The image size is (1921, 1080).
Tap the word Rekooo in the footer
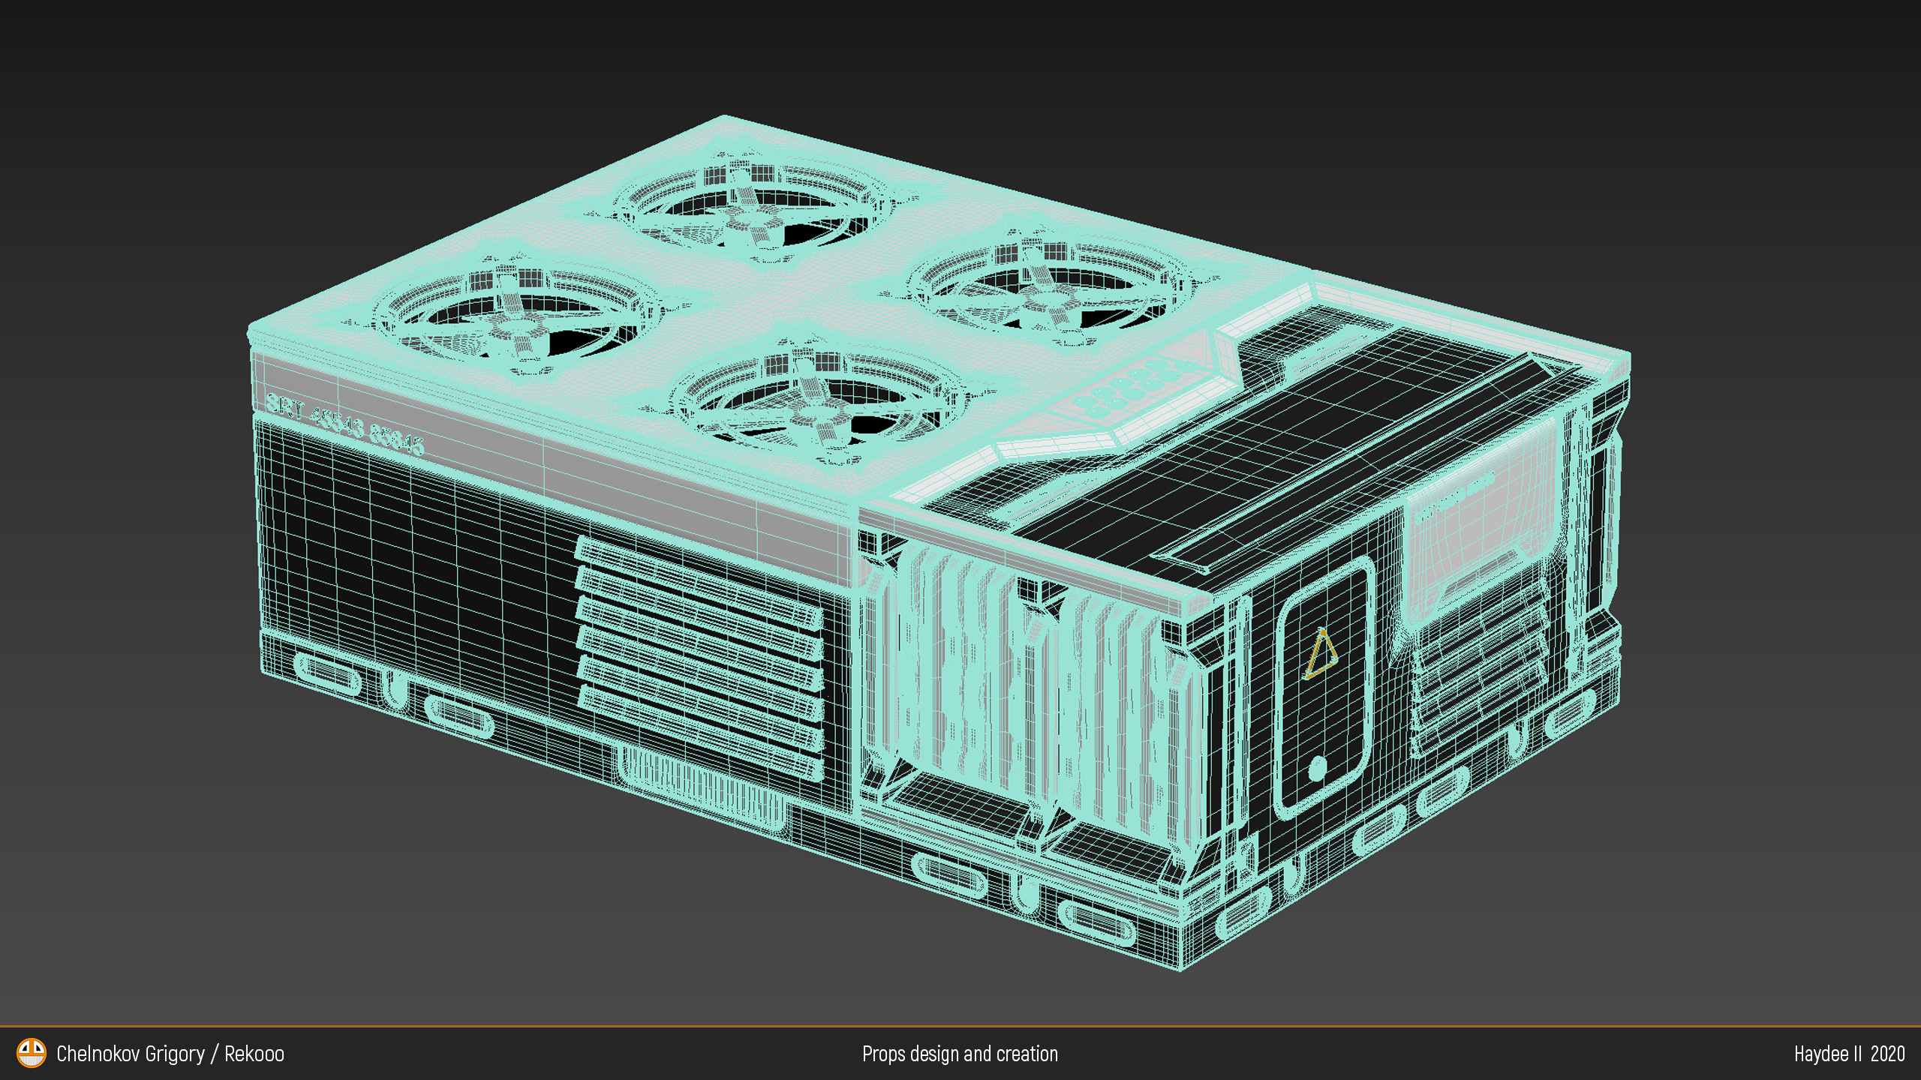[254, 1054]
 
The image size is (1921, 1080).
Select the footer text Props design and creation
[960, 1054]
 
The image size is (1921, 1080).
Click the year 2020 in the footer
[1887, 1054]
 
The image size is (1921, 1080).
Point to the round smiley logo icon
[32, 1053]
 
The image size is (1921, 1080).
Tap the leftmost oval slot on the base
[326, 673]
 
